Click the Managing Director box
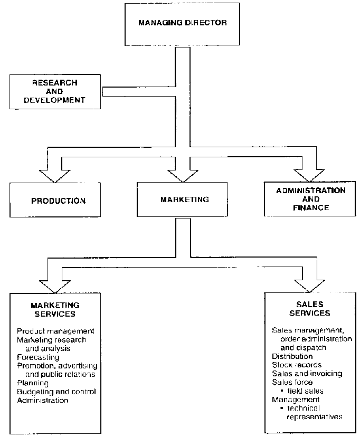168,24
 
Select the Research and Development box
55,91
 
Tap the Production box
58,201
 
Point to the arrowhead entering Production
55,174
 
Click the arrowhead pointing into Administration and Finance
310,174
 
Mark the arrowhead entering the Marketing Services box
54,286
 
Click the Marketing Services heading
55,309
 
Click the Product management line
55,331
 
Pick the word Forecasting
38,357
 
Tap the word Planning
33,383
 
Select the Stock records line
296,365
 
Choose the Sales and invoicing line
307,373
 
